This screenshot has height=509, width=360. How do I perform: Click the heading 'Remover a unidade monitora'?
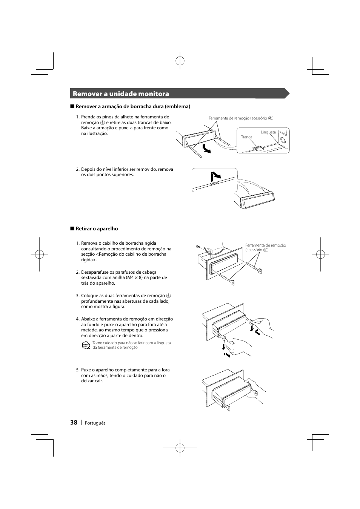click(121, 94)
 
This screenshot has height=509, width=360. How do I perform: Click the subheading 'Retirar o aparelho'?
click(97, 229)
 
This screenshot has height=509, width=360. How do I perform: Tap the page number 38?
click(73, 423)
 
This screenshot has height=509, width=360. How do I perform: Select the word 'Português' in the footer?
click(95, 423)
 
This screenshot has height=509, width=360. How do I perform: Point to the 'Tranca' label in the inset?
click(246, 137)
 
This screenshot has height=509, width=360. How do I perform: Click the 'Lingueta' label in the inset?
click(268, 132)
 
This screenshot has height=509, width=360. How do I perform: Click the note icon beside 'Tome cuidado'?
click(86, 345)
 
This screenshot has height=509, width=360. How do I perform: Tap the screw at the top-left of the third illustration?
click(198, 247)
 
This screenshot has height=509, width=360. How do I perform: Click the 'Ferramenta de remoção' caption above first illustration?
click(241, 118)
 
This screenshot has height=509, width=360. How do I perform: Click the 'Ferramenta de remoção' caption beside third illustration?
click(265, 247)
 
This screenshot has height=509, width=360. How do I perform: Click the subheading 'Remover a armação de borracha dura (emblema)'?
click(133, 107)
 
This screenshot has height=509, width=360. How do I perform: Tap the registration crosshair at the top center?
click(180, 60)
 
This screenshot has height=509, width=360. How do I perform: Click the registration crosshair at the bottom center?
click(180, 448)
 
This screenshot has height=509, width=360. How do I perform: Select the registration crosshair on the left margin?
click(39, 254)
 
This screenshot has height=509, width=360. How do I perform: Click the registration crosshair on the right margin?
click(320, 254)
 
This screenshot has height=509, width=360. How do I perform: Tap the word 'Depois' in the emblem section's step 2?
click(88, 169)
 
